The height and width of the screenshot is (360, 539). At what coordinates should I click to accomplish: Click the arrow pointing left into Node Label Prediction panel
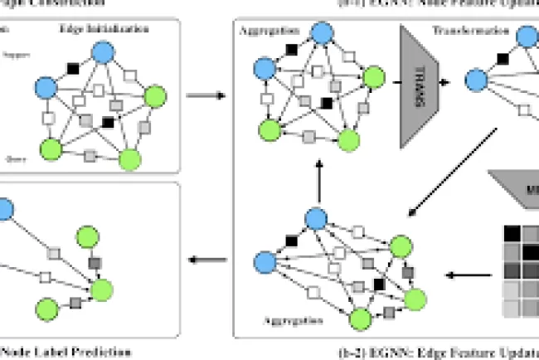204,262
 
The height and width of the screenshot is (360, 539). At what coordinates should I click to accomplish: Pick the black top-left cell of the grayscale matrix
512,235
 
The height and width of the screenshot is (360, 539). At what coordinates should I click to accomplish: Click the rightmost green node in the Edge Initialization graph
155,98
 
